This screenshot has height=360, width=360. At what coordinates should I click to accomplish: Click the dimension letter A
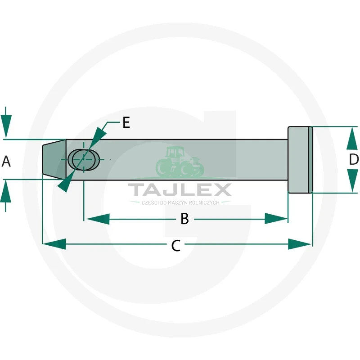click(6, 161)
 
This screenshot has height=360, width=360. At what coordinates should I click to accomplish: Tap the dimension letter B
click(184, 219)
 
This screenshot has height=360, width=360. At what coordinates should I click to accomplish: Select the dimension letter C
click(176, 245)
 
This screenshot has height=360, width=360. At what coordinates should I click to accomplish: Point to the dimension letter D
click(354, 159)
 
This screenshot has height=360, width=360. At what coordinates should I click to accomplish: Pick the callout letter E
click(126, 122)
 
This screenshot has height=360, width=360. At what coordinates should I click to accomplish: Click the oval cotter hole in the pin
click(84, 160)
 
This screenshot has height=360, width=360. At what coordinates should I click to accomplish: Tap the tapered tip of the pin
click(54, 159)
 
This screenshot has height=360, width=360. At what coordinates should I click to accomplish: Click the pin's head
click(300, 160)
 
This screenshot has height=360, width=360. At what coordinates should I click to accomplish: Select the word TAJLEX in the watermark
click(180, 189)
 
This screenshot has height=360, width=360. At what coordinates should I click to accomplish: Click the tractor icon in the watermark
click(180, 162)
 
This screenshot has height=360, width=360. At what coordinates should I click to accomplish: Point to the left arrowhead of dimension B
click(98, 219)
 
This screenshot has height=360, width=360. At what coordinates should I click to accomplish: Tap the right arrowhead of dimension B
click(276, 219)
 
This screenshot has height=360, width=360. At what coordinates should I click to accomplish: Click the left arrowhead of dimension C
click(54, 244)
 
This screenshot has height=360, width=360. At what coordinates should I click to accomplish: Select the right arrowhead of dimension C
click(300, 244)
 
